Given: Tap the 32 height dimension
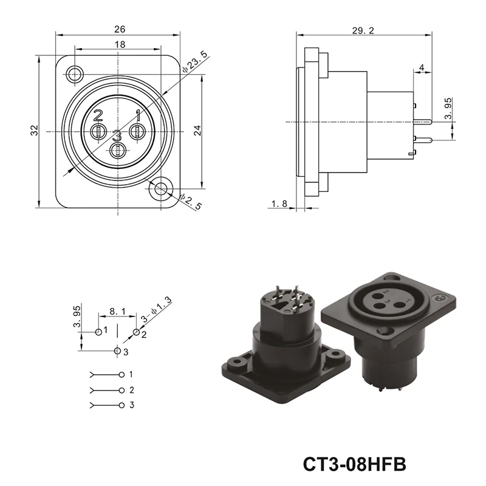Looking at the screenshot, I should pos(35,130).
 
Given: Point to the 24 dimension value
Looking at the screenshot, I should pos(197,130).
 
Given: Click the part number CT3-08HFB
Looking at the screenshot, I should pos(354,464).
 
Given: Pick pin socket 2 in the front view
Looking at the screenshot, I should pos(98,131).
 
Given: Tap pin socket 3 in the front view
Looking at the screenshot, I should pos(118,150).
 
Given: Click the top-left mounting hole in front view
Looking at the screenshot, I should pos(75,74).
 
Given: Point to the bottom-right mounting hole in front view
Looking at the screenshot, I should pos(161,188).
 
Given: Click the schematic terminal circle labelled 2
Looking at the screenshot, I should pos(122,389).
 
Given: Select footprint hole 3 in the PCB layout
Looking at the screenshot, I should pos(118,351).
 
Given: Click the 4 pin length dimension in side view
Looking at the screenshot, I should pos(422,67).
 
